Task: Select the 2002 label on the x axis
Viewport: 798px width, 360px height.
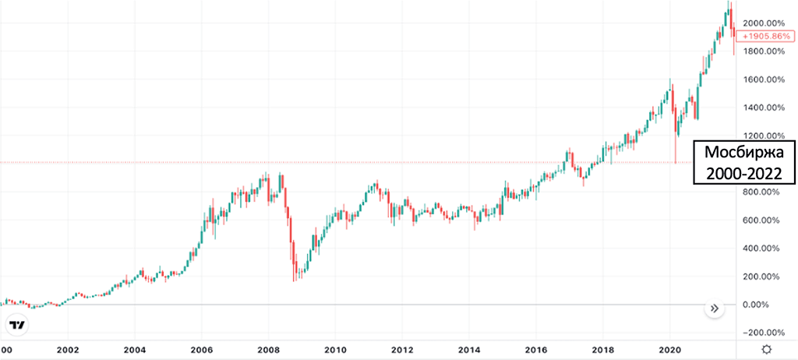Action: (69, 350)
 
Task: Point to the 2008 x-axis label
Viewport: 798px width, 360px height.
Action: (269, 350)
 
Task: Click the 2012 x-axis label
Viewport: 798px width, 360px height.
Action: (402, 350)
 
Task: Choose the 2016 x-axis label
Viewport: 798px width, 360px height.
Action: (537, 350)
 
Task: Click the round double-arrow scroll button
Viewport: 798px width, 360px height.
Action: (715, 309)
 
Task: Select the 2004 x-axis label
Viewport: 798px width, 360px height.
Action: (136, 350)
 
